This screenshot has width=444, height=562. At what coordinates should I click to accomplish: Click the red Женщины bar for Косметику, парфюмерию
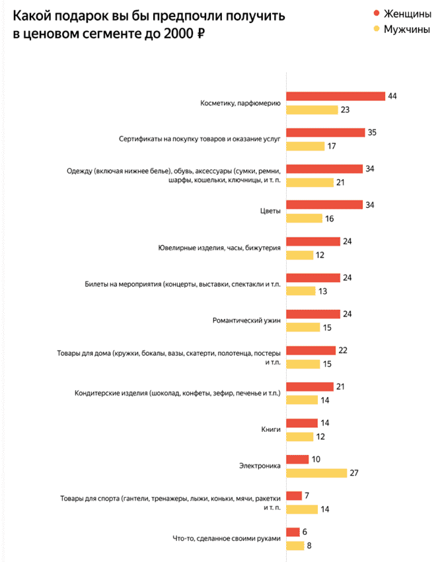pos(336,96)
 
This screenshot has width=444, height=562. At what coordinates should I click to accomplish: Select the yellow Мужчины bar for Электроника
pos(316,473)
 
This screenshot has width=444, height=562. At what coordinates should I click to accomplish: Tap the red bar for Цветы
pos(324,205)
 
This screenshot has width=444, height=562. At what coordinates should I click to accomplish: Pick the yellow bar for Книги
pos(299,437)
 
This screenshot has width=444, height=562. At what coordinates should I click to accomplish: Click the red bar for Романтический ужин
pos(313,314)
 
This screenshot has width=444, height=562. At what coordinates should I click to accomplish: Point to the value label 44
pos(392,96)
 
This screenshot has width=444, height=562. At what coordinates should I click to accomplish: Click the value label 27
pos(354,473)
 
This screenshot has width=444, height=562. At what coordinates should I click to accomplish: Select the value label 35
pos(372,133)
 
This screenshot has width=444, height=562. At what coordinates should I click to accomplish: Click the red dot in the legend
pos(377,14)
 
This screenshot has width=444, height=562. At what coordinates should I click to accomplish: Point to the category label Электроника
pos(260,466)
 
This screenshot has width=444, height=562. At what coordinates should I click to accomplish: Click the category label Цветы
pos(270,211)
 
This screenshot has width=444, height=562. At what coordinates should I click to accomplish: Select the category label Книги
pos(272,430)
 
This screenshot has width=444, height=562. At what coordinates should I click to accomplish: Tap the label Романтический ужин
pos(246,321)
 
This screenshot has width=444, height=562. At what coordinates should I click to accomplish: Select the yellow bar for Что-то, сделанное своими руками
pos(295,545)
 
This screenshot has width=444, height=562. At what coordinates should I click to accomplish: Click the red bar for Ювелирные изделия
pos(313,242)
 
